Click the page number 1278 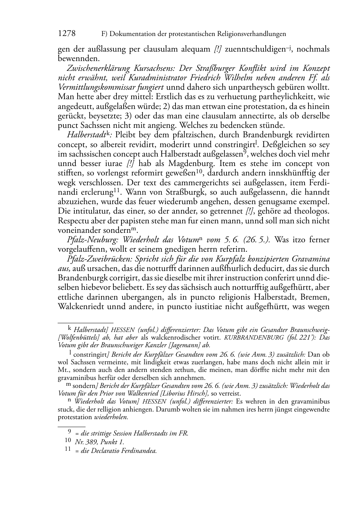67,34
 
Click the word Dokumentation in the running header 132,34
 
